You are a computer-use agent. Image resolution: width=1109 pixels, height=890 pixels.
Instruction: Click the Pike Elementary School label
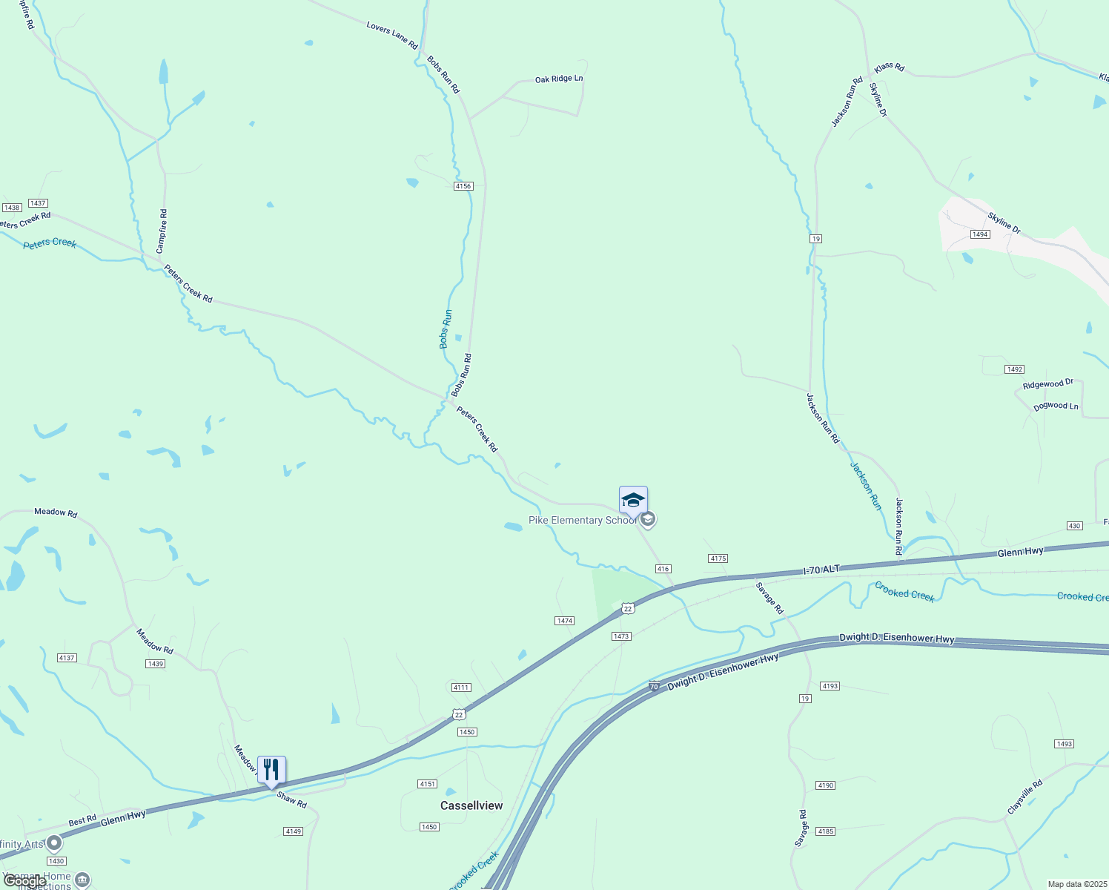pos(583,521)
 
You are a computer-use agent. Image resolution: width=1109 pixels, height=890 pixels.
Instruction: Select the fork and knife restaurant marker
pos(271,771)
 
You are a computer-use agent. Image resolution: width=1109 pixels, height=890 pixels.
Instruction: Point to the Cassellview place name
pos(471,805)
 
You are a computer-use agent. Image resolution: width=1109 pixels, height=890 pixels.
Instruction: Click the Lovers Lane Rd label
pos(392,36)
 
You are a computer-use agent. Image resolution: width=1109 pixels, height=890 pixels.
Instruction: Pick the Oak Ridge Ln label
pos(559,79)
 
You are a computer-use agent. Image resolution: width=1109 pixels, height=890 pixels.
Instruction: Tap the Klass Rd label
pos(889,67)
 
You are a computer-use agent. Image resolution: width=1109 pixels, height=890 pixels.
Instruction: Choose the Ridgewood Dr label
pos(1048,384)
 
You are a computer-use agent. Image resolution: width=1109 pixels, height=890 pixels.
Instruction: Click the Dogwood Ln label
pos(1056,406)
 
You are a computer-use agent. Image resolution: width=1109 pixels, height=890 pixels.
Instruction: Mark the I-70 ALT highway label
pos(821,570)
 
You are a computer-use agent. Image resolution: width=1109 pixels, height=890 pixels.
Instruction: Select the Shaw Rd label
pos(291,800)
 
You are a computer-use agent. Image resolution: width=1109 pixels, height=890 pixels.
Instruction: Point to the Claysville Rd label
pos(1024,797)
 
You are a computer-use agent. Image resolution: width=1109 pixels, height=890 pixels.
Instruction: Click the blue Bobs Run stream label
pos(446,329)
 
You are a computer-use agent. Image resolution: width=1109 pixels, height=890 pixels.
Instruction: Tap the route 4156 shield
pos(463,186)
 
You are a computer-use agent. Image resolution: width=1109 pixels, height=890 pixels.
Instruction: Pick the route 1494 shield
pos(980,234)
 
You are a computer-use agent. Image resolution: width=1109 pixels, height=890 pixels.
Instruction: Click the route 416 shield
pos(663,569)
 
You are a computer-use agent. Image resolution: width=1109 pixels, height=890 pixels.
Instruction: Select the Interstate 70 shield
pos(654,687)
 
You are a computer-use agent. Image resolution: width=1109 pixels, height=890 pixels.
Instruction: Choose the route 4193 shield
pos(830,686)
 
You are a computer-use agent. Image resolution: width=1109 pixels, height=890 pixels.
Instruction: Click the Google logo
pos(24,881)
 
